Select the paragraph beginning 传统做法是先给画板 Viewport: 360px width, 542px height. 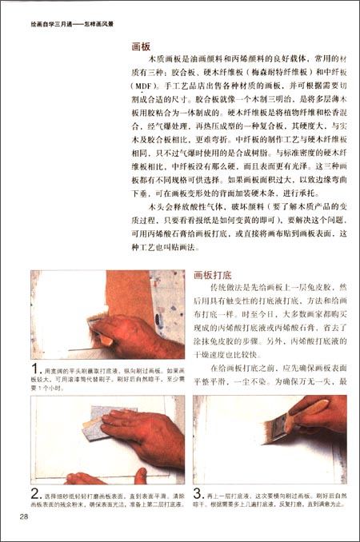click(x=272, y=320)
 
